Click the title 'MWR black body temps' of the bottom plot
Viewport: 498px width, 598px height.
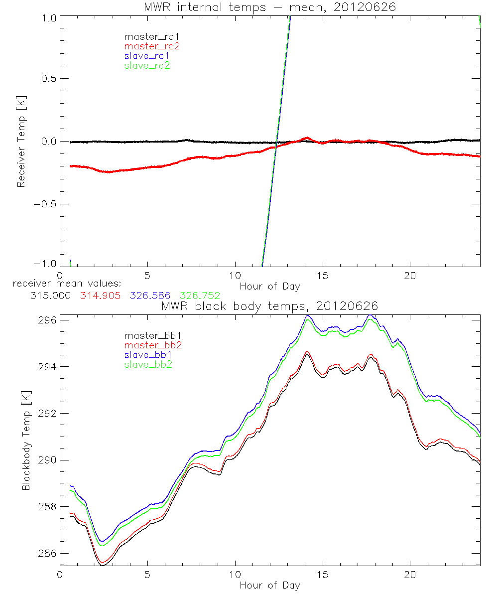pos(270,306)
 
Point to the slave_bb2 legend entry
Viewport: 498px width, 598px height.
pos(145,365)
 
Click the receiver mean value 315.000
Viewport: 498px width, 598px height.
pos(50,296)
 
